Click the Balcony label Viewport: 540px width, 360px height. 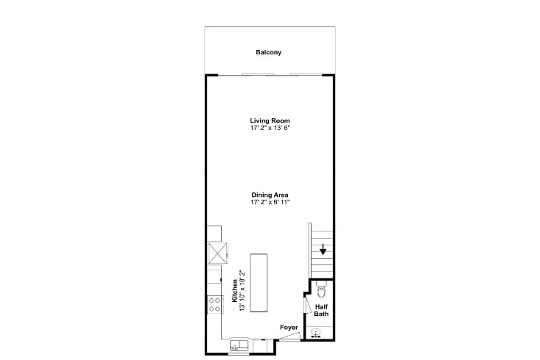click(x=268, y=52)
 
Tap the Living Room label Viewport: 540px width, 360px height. click(x=270, y=120)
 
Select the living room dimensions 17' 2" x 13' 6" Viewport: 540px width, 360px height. click(x=270, y=128)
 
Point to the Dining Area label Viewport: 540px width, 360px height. click(x=270, y=195)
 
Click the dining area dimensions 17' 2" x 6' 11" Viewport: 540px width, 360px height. click(x=270, y=202)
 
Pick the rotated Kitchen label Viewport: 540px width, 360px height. click(x=234, y=291)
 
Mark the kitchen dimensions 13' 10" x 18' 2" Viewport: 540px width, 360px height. click(x=242, y=291)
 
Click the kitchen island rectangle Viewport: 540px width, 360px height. click(x=259, y=283)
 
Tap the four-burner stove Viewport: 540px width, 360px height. click(x=215, y=305)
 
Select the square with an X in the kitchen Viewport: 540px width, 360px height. click(x=218, y=253)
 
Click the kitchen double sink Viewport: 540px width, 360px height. click(x=239, y=345)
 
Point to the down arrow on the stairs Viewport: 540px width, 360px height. click(x=323, y=249)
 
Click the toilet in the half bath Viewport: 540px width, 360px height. click(x=321, y=289)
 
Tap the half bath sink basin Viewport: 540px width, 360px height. click(x=316, y=333)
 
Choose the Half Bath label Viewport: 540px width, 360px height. click(x=321, y=310)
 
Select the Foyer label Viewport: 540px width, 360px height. click(x=289, y=327)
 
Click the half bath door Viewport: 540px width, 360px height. click(x=307, y=304)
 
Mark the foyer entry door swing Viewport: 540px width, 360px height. click(x=290, y=336)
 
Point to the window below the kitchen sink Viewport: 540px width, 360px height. click(x=239, y=354)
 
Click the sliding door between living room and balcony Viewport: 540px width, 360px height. click(x=270, y=74)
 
